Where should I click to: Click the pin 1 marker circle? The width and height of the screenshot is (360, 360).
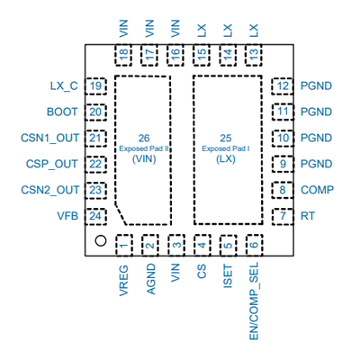click(101, 240)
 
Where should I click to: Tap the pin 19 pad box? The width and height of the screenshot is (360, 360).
click(95, 86)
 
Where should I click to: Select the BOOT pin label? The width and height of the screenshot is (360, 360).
click(62, 112)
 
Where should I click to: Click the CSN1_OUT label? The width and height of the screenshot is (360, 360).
click(49, 138)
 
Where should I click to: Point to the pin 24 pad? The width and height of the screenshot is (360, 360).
click(95, 216)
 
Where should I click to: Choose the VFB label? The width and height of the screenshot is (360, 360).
click(67, 216)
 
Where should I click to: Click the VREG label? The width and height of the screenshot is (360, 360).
click(123, 281)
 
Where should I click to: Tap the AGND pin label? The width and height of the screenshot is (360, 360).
click(151, 279)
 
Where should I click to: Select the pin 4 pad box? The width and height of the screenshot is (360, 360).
click(202, 245)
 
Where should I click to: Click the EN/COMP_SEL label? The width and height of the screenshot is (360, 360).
click(254, 301)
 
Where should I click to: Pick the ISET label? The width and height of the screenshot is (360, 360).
click(228, 276)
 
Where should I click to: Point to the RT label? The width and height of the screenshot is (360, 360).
click(308, 216)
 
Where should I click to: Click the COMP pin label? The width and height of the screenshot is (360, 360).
click(317, 190)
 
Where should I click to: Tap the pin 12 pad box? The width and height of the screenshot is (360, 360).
click(283, 86)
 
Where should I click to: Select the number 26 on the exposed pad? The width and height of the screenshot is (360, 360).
click(144, 138)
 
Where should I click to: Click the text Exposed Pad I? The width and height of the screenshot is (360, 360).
click(226, 148)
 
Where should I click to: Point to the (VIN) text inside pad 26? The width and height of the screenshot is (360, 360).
click(144, 159)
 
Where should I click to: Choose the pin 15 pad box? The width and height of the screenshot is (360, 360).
click(202, 55)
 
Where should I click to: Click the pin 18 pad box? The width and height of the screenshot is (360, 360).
click(123, 55)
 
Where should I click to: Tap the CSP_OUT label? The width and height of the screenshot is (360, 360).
click(52, 164)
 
